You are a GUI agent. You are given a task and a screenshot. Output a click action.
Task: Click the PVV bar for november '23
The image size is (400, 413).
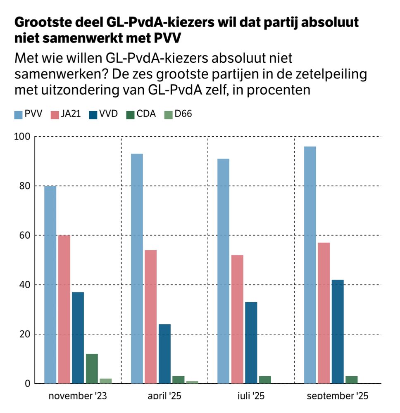point(50,285)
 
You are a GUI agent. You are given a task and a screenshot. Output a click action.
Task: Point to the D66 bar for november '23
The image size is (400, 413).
point(105,381)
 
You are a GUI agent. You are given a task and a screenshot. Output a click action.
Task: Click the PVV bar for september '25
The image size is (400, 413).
point(310,265)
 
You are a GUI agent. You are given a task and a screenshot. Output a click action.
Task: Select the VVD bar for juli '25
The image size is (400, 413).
point(251,343)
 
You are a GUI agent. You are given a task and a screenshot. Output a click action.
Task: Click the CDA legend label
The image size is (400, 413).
point(146,114)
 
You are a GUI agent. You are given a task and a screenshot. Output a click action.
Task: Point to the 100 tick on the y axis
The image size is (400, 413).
point(24,137)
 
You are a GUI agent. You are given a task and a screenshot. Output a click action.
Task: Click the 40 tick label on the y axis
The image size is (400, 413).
point(26,285)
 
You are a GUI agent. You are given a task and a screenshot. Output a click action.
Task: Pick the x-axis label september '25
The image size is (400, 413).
point(337,396)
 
